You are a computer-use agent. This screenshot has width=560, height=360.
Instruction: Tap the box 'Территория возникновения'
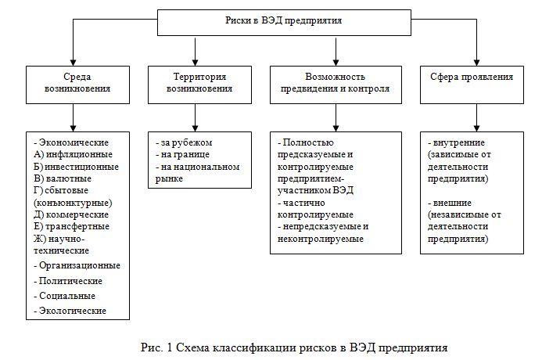click(199, 83)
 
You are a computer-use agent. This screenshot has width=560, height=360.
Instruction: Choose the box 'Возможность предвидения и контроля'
click(336, 83)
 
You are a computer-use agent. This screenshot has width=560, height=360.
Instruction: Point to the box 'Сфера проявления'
click(472, 78)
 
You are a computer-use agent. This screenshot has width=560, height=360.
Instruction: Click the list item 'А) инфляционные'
click(72, 154)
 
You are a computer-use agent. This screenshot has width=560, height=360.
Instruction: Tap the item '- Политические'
click(69, 280)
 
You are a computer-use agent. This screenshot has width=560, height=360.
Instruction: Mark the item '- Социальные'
click(66, 296)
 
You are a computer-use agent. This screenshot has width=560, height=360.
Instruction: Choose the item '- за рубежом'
click(183, 142)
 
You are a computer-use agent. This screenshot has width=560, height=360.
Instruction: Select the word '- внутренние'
click(458, 143)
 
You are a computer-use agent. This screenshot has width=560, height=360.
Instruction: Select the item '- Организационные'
click(77, 265)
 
